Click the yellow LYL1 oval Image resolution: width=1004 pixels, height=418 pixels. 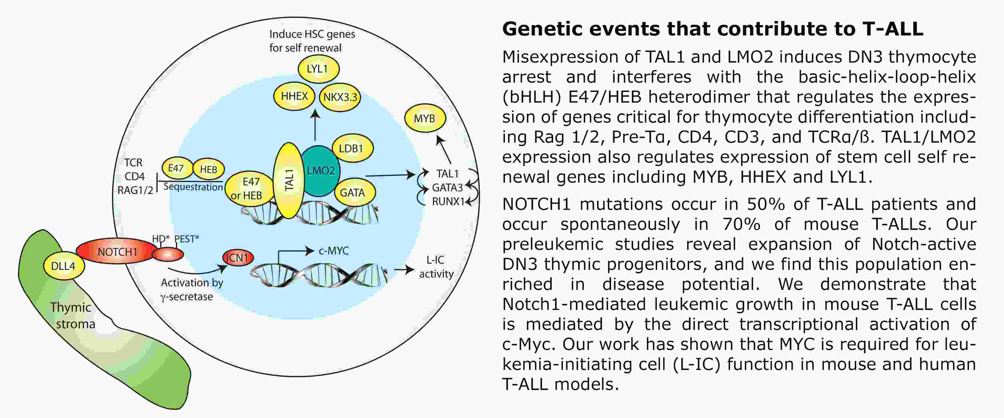(x=318, y=69)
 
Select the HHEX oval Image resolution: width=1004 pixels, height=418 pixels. (x=294, y=96)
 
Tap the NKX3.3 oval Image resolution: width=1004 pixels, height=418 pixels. (x=340, y=97)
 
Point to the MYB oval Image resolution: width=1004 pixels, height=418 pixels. (x=424, y=118)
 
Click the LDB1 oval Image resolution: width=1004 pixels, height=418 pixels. (x=352, y=148)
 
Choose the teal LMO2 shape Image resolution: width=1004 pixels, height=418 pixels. (x=320, y=171)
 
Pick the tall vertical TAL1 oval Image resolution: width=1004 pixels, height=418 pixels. (x=288, y=180)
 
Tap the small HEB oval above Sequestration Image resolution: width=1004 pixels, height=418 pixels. (x=208, y=169)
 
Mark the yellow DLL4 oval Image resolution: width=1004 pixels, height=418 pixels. (x=63, y=266)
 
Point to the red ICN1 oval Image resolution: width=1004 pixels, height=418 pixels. (x=238, y=258)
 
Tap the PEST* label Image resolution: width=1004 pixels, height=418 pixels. (x=186, y=238)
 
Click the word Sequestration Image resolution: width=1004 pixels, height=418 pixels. (x=193, y=187)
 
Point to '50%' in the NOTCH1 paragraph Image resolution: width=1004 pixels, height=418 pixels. (x=761, y=204)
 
